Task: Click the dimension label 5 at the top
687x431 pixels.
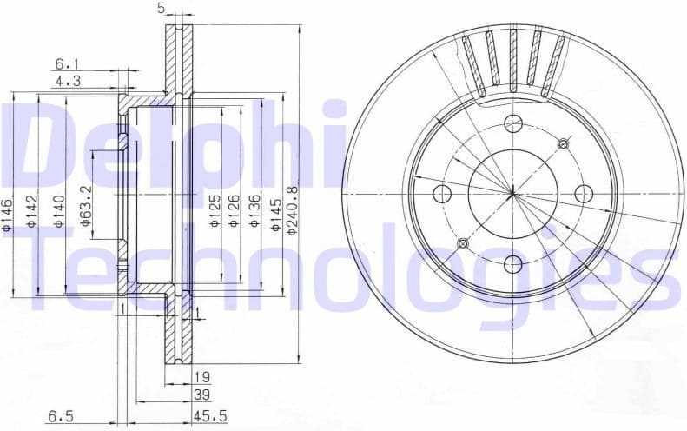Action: coord(162,9)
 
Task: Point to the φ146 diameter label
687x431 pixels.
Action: coord(7,214)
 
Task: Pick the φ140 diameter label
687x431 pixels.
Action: coord(58,212)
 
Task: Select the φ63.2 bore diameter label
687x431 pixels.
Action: coord(86,205)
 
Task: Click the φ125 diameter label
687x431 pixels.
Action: coord(214,212)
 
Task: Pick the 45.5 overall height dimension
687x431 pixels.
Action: coord(212,416)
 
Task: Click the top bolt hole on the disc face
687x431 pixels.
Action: coord(513,123)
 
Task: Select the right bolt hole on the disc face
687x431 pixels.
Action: coord(584,193)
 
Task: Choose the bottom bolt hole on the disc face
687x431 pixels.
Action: coord(513,263)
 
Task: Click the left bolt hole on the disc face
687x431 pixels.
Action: coord(443,193)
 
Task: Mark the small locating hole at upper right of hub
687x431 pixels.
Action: coord(563,143)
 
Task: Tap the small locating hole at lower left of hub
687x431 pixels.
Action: coord(463,243)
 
